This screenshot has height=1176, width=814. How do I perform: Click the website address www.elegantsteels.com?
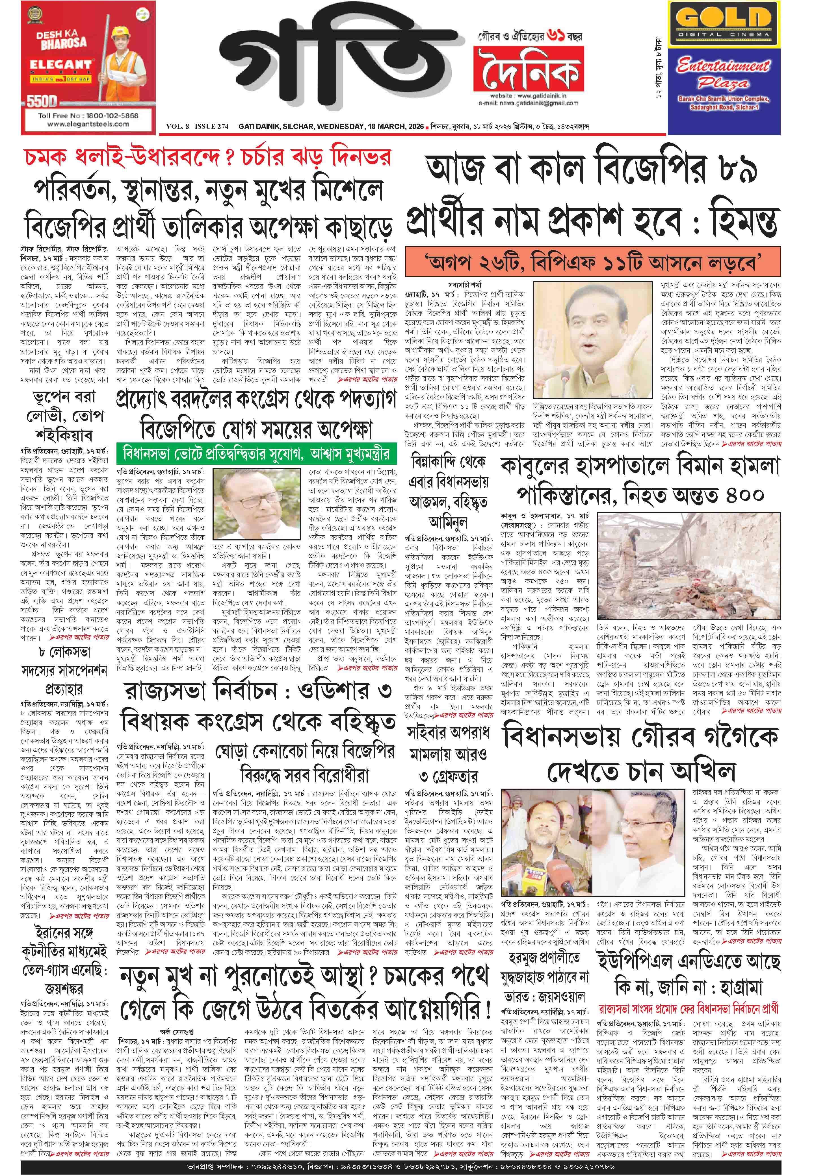click(88, 124)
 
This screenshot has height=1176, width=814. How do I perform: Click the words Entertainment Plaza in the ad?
click(723, 74)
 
